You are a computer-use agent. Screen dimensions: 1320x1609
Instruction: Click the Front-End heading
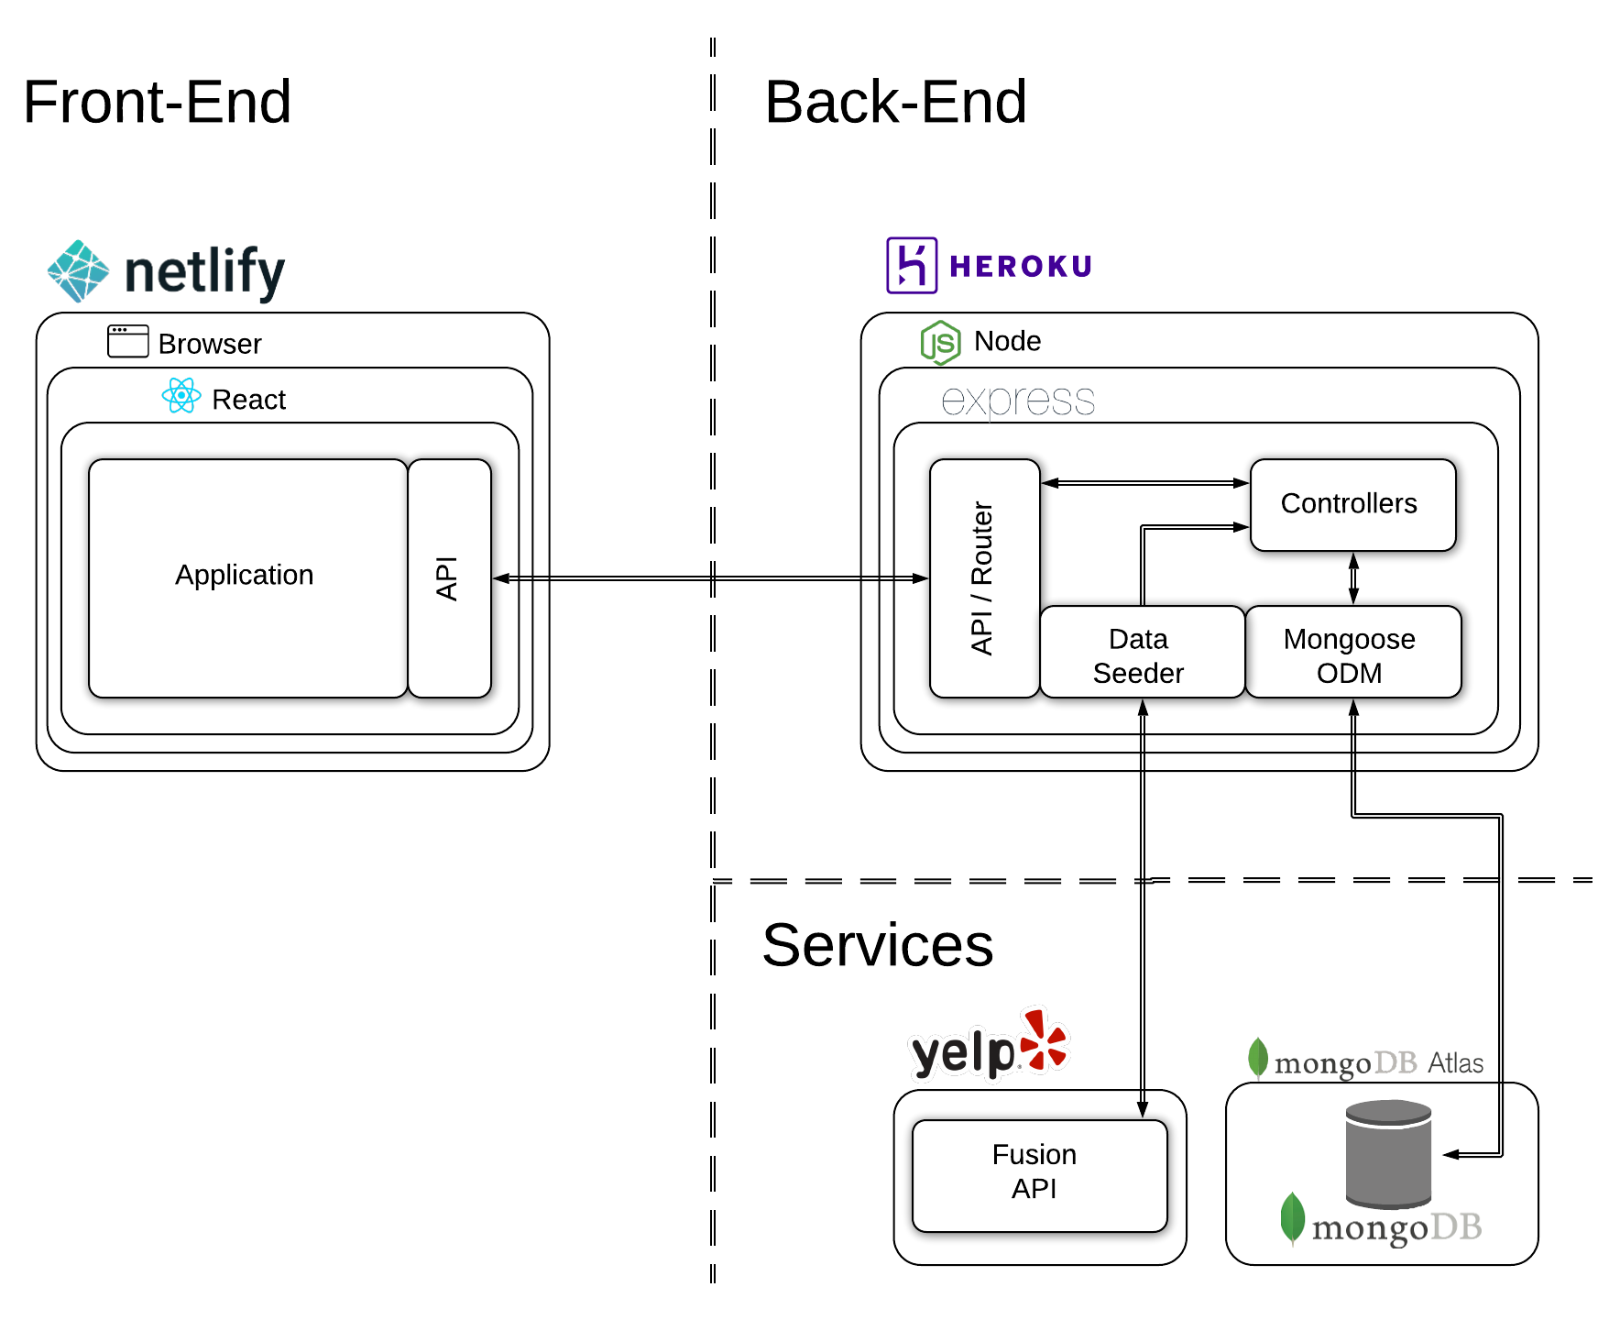coord(157,102)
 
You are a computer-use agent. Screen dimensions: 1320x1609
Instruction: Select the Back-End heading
coord(895,102)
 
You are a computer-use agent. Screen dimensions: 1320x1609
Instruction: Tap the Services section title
coord(877,945)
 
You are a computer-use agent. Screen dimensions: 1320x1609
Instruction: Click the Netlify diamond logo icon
coord(79,271)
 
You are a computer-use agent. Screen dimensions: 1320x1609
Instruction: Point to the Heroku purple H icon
coord(911,266)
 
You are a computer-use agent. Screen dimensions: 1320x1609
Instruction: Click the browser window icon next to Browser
coord(127,341)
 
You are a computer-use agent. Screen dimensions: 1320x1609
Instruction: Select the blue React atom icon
coord(181,396)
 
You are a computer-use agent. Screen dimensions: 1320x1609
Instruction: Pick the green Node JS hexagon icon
coord(940,343)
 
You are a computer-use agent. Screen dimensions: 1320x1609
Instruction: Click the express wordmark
coord(1017,401)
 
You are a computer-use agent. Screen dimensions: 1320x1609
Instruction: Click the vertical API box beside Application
coord(449,577)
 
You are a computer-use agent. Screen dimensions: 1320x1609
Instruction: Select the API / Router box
coord(983,577)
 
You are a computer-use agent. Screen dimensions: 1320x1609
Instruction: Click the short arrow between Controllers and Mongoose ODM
coord(1353,578)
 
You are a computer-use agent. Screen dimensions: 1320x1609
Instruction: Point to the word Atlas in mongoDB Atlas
coord(1455,1062)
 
